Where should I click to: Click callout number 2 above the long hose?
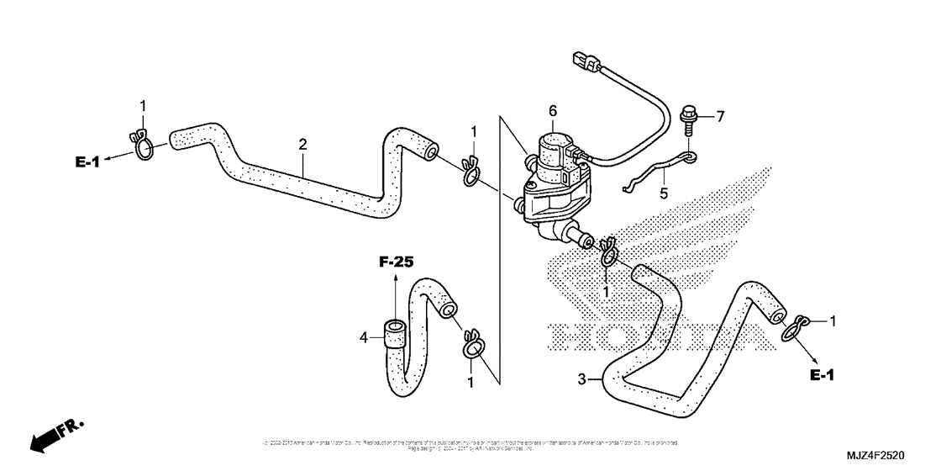point(302,145)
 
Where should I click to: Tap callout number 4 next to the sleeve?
point(364,338)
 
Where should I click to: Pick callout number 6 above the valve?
point(552,110)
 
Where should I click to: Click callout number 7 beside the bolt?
point(719,116)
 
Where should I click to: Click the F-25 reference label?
point(395,262)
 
